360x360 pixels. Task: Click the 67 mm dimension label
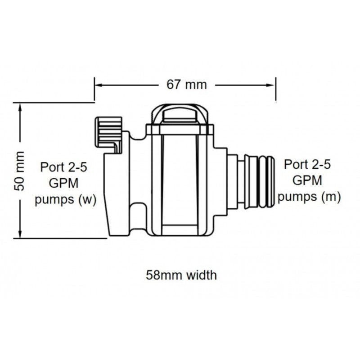[x=186, y=85]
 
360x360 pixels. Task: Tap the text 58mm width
[x=181, y=275]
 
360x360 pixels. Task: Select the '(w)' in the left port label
[x=87, y=200]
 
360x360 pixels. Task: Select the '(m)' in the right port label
[x=331, y=197]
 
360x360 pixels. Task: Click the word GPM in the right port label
[x=308, y=180]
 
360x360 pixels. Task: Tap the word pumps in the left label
[x=55, y=200]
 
